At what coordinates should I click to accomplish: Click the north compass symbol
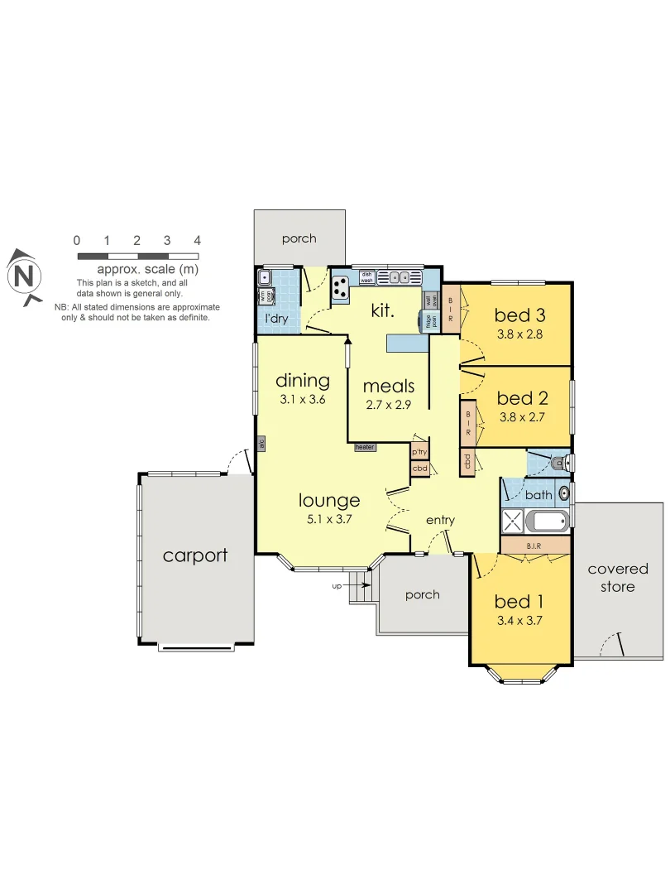(x=26, y=276)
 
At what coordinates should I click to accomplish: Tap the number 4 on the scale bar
(x=197, y=241)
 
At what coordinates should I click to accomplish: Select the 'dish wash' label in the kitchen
(x=367, y=277)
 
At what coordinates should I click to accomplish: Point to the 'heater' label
(x=365, y=447)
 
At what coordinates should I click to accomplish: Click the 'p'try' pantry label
(x=419, y=452)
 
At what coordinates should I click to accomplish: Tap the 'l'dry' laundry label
(x=275, y=318)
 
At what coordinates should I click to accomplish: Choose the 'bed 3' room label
(x=519, y=315)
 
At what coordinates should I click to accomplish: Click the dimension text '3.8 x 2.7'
(x=521, y=417)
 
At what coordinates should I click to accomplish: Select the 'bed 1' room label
(x=519, y=601)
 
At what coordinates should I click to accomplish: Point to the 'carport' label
(x=195, y=555)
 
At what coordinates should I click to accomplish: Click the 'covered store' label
(x=618, y=578)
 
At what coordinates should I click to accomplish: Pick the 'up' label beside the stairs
(x=336, y=585)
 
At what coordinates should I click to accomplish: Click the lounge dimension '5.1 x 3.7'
(x=330, y=521)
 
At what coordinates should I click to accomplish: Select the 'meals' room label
(x=389, y=386)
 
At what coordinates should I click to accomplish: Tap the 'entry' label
(x=440, y=520)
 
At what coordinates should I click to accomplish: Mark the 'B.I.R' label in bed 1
(x=534, y=546)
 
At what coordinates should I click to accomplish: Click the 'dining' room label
(x=302, y=381)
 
